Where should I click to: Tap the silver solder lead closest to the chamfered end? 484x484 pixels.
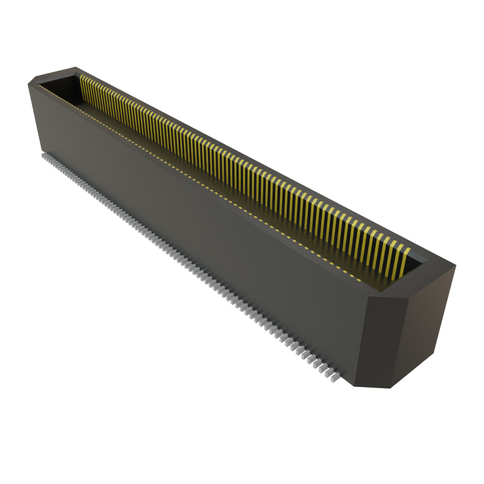point(335,377)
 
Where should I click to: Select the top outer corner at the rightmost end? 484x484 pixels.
point(457,266)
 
